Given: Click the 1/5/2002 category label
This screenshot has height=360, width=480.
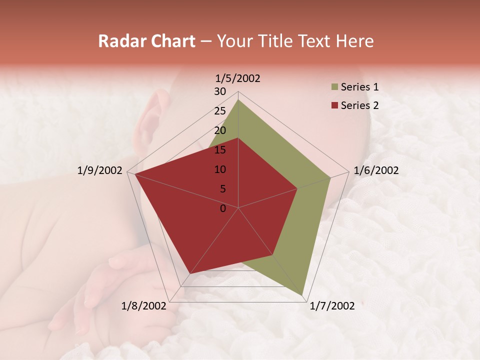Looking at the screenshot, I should pos(238,78).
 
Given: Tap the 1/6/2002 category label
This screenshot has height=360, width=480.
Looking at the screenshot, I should pos(376,170).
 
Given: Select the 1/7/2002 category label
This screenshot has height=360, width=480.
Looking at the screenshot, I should pos(332,306).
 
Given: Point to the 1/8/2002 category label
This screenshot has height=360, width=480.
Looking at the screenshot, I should pos(144,306).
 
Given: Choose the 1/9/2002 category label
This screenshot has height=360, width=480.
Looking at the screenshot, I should pos(100,170).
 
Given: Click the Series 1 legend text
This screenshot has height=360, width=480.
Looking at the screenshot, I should pos(359,87).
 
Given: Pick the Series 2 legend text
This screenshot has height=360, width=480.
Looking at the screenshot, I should pos(359,105).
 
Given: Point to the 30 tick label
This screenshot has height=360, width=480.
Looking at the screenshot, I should pos(220,91).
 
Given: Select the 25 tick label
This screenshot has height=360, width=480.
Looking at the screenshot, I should pos(220,111).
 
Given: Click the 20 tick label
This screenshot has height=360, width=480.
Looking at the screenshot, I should pos(220,130).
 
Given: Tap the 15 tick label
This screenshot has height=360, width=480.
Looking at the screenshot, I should pos(220,150).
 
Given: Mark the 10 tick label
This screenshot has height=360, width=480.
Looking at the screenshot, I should pos(220,169).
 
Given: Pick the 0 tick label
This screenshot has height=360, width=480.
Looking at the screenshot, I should pos(223,208).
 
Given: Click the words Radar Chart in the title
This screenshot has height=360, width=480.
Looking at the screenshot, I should pos(146,41).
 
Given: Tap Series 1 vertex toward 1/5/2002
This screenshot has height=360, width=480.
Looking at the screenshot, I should pos(238,99).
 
